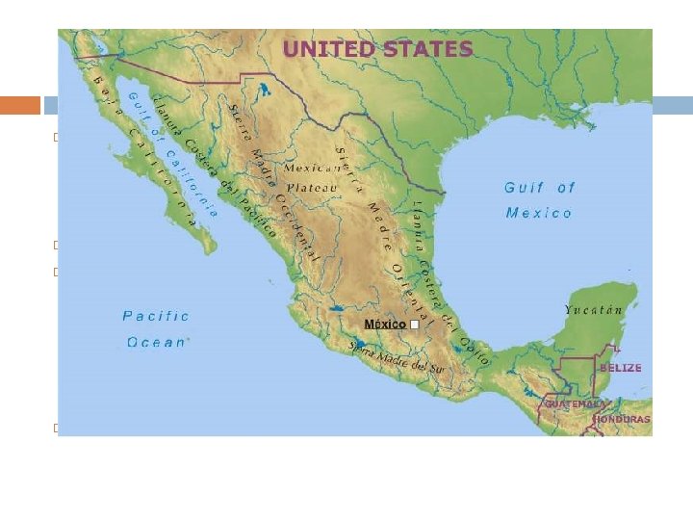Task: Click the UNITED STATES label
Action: tap(377, 49)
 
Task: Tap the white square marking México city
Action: tap(414, 325)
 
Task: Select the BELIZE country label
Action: tap(621, 368)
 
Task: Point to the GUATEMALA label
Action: tap(575, 403)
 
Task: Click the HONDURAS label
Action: tap(622, 419)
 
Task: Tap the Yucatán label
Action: tap(594, 310)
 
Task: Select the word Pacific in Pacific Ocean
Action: tap(156, 316)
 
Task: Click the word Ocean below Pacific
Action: tap(158, 342)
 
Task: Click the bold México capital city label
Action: tap(385, 325)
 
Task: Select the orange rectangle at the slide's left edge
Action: tap(19, 105)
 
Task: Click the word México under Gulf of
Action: tap(539, 212)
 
